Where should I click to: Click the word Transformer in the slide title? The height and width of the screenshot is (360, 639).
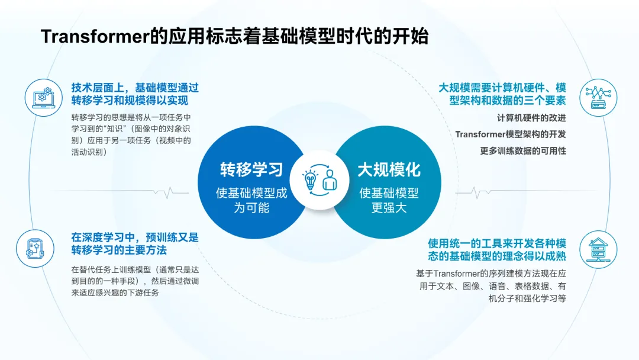[95, 37]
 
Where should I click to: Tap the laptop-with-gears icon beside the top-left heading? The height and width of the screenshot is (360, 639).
[43, 97]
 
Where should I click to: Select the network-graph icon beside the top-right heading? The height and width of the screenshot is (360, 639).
[596, 97]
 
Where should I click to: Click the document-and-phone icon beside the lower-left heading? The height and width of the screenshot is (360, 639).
[43, 245]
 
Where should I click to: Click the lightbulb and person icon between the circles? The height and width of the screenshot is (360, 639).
[319, 180]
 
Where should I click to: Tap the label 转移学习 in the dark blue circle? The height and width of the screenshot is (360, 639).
[251, 170]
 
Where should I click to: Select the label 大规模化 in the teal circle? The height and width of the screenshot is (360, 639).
[388, 170]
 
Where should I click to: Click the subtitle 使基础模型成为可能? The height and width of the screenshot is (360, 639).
[251, 200]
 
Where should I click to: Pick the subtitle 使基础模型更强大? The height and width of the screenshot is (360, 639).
[388, 200]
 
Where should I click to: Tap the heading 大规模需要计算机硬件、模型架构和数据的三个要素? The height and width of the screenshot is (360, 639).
[502, 94]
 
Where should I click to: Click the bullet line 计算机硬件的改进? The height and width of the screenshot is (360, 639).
[531, 117]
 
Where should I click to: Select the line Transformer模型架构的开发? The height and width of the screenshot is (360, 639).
[510, 134]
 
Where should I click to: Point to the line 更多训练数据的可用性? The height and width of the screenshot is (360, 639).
[523, 150]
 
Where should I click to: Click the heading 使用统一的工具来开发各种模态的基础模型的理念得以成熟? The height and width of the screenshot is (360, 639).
[497, 250]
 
